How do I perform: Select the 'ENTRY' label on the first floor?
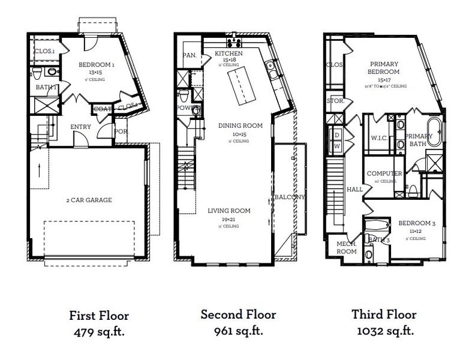(x=80, y=127)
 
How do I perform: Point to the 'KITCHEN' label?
(x=229, y=54)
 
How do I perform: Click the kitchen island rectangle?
(x=239, y=85)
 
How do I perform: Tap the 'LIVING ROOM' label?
(x=229, y=211)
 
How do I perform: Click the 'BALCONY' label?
(x=289, y=197)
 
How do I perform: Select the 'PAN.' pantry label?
(x=189, y=56)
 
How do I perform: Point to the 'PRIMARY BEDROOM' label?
(x=384, y=68)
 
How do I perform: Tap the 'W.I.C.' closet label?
(x=379, y=137)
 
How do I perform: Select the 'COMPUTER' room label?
(x=384, y=173)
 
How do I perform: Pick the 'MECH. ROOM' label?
(x=347, y=247)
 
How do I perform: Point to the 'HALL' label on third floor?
(x=354, y=189)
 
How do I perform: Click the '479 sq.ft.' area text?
(x=99, y=330)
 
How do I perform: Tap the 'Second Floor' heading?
(x=238, y=314)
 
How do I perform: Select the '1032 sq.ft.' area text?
(x=384, y=330)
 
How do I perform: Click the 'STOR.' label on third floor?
(x=335, y=101)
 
